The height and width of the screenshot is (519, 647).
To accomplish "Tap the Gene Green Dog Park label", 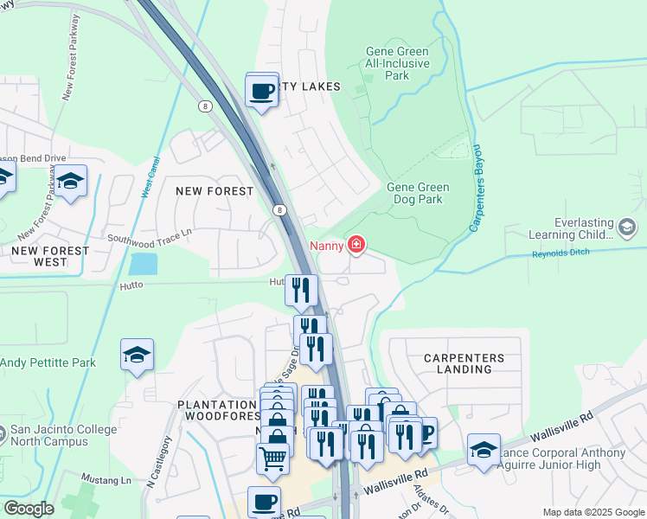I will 418,193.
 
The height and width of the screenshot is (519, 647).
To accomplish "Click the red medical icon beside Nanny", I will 356,247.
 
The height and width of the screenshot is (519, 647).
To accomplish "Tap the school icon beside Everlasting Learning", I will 627,227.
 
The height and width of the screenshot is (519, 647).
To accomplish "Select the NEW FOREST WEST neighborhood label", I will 50,256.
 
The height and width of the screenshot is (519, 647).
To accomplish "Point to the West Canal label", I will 146,176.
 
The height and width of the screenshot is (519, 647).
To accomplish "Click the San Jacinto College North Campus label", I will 49,436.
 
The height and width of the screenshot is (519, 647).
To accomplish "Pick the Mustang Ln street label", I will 105,478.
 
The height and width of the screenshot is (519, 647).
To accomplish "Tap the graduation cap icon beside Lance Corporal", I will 484,448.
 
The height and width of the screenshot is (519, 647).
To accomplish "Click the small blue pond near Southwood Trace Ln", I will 143,264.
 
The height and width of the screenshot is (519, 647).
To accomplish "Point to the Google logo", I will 28,509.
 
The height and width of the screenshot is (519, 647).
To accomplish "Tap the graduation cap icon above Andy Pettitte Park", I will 137,356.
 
